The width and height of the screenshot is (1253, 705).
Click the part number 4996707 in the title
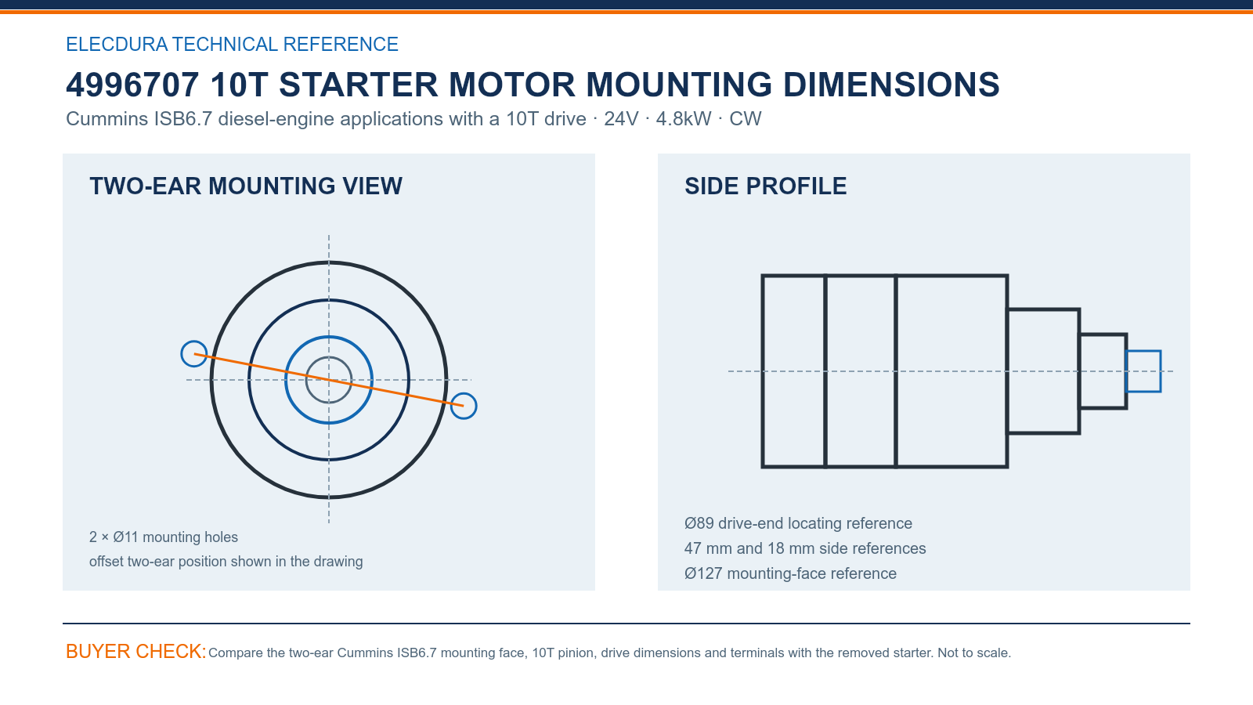coord(132,85)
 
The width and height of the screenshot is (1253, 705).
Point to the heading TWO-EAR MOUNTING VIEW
coord(246,186)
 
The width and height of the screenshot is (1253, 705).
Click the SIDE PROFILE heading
coord(765,186)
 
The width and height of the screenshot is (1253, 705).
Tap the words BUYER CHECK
coord(136,651)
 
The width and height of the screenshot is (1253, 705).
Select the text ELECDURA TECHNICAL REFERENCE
coord(232,44)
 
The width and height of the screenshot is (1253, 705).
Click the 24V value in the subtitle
coord(621,118)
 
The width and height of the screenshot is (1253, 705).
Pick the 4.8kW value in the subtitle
coord(684,118)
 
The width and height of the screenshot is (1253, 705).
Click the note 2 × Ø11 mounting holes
coord(164,537)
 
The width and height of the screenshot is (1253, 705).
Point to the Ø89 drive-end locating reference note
coord(798,523)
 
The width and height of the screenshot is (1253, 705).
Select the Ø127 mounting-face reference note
coord(790,573)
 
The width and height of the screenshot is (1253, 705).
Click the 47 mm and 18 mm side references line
coord(805,548)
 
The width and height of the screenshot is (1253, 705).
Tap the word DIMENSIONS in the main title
coord(891,85)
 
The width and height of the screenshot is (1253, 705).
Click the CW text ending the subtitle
coord(745,118)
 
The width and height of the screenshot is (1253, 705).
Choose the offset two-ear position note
coord(226,561)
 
